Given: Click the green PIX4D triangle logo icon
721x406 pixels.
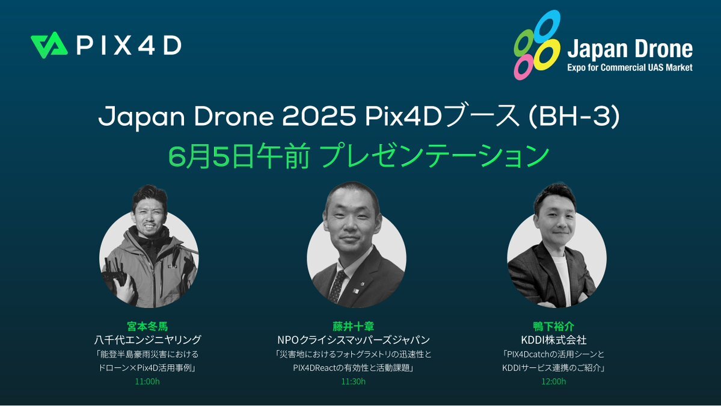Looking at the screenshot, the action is [49, 45].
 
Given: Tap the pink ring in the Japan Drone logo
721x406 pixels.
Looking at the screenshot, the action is [523, 67].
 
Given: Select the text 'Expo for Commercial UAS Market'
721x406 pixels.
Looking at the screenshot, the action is [630, 67].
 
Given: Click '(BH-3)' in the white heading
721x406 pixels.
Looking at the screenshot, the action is [574, 117].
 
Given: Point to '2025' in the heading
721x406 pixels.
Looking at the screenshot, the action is [319, 117].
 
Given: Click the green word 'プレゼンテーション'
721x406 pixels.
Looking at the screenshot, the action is [434, 156].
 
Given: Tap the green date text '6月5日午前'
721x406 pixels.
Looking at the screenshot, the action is [238, 156].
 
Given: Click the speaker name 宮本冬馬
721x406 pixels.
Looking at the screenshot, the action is [147, 327].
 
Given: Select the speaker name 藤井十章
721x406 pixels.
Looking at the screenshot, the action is [353, 327].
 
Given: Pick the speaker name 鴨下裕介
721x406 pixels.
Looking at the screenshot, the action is [554, 327].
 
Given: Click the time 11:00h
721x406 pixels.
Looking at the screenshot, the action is [147, 381].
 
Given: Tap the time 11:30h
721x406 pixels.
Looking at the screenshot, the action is [353, 381].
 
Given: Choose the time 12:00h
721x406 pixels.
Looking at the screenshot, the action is [554, 381].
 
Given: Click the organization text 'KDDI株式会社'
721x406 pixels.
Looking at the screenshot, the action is [554, 340].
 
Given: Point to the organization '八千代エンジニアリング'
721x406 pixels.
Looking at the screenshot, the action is [147, 340].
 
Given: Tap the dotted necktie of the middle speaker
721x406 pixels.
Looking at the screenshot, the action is [337, 286].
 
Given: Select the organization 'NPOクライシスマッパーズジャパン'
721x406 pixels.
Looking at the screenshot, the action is [353, 340].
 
